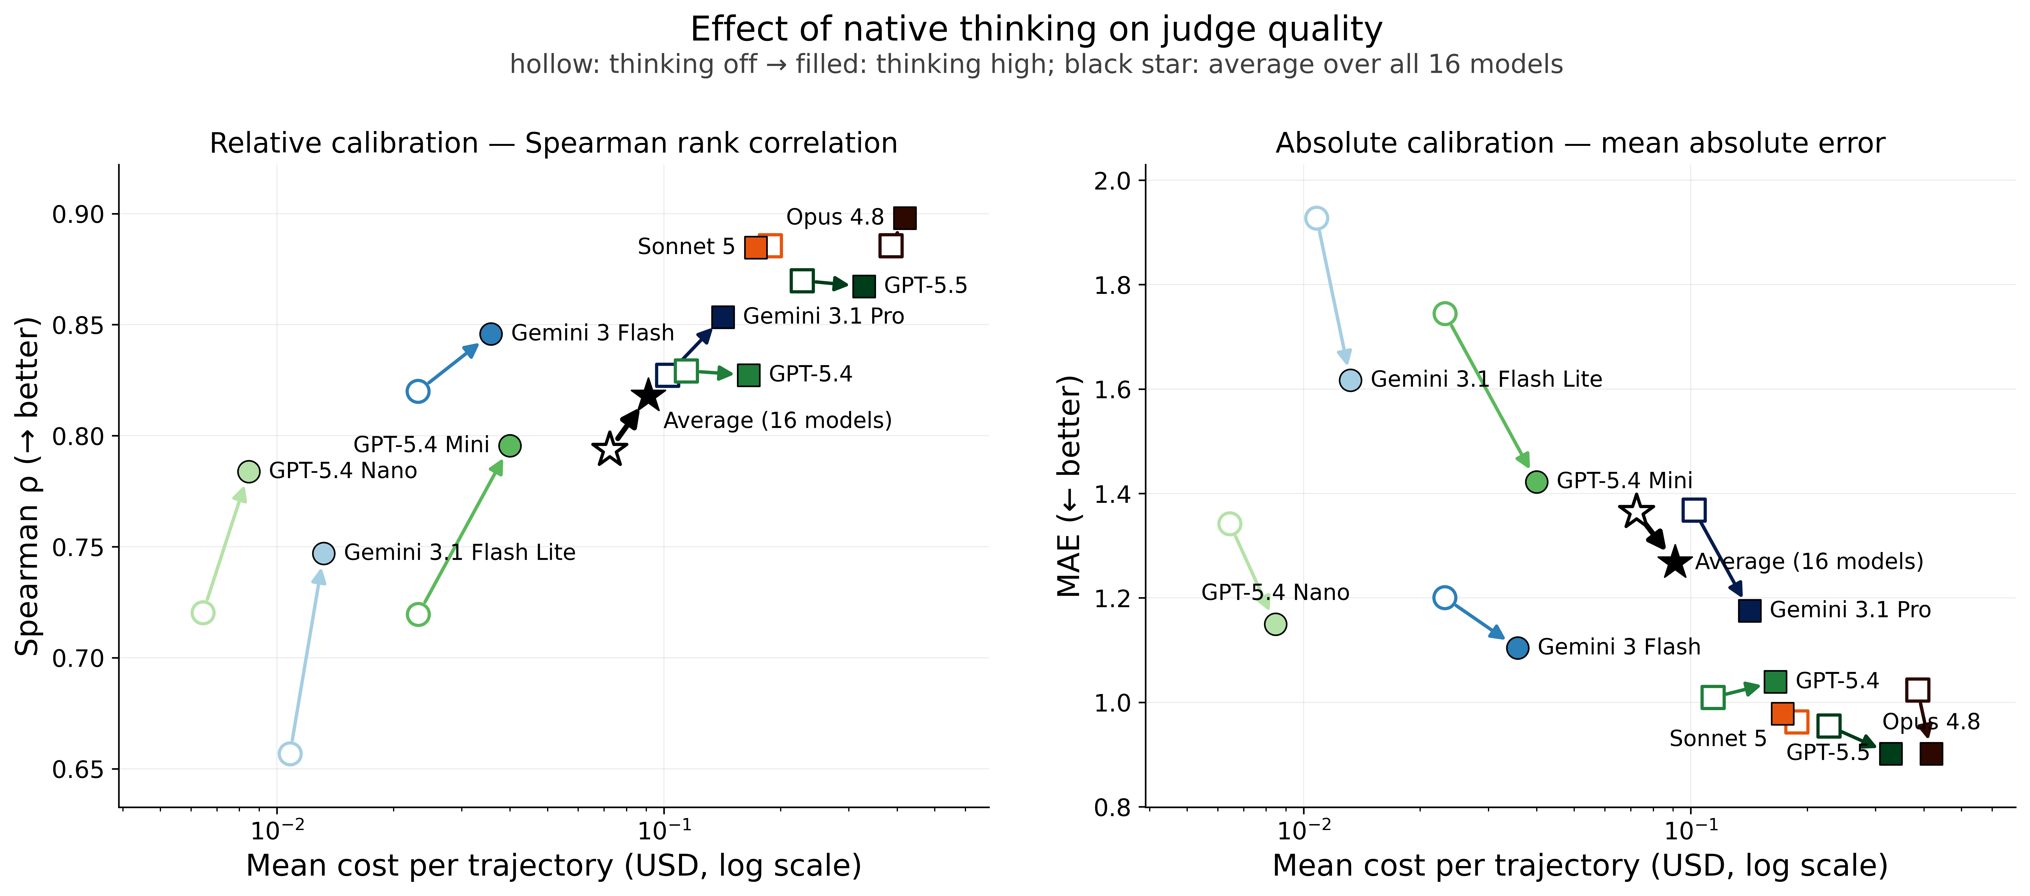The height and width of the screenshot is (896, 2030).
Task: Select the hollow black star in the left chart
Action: point(610,449)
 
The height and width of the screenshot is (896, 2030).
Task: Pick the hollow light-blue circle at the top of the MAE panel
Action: point(1316,218)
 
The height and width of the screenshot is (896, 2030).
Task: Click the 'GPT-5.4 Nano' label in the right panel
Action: point(1275,593)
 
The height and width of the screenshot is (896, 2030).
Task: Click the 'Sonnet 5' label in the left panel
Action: point(686,247)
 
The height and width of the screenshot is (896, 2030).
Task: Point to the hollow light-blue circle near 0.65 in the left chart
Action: point(290,754)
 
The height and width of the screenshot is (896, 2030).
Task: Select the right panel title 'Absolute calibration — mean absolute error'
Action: point(1580,143)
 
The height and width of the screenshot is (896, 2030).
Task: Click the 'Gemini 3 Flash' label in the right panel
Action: point(1619,647)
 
